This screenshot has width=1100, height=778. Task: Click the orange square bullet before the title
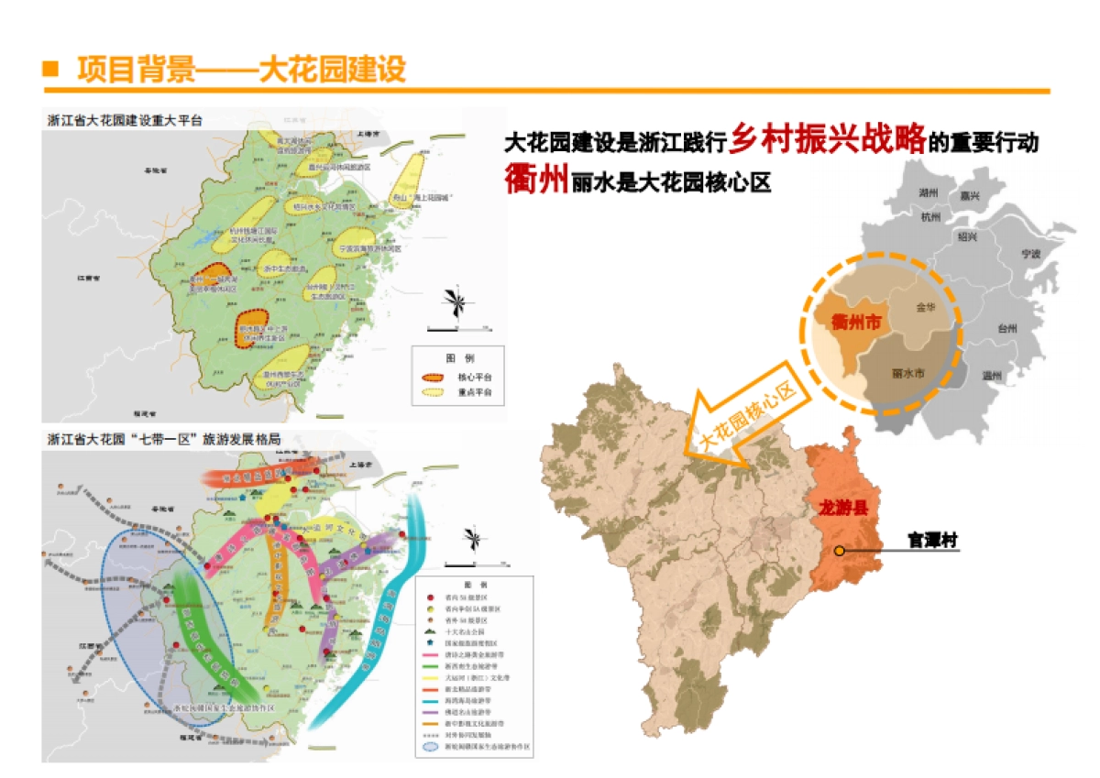coord(51,70)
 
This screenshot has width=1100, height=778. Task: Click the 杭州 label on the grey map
coord(931,217)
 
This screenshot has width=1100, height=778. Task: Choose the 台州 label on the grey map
coord(1008,328)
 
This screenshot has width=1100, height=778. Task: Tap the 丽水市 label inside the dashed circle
coord(907,374)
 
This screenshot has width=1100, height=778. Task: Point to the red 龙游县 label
coord(840,505)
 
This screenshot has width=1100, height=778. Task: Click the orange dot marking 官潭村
coord(839,551)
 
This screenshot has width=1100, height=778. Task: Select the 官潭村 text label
coord(932,541)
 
